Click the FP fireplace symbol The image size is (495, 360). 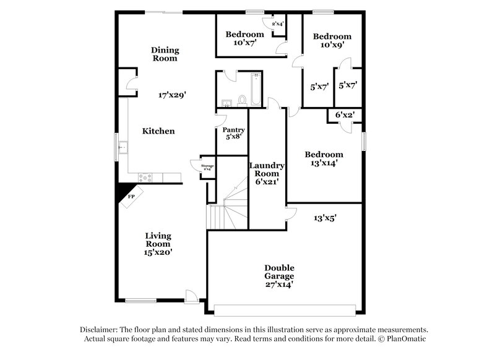[x=131, y=197]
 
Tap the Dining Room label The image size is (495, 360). [x=165, y=54]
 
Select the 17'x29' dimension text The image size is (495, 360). [x=173, y=95]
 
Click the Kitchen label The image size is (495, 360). [x=158, y=131]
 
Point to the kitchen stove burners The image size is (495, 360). [x=146, y=178]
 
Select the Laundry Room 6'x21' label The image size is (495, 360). [x=267, y=173]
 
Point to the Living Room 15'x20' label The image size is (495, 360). [x=158, y=244]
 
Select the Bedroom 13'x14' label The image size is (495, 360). [x=322, y=159]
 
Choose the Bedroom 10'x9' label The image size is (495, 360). [x=332, y=40]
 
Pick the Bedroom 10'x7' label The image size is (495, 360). [x=245, y=38]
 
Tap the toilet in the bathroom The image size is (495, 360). [x=243, y=99]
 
